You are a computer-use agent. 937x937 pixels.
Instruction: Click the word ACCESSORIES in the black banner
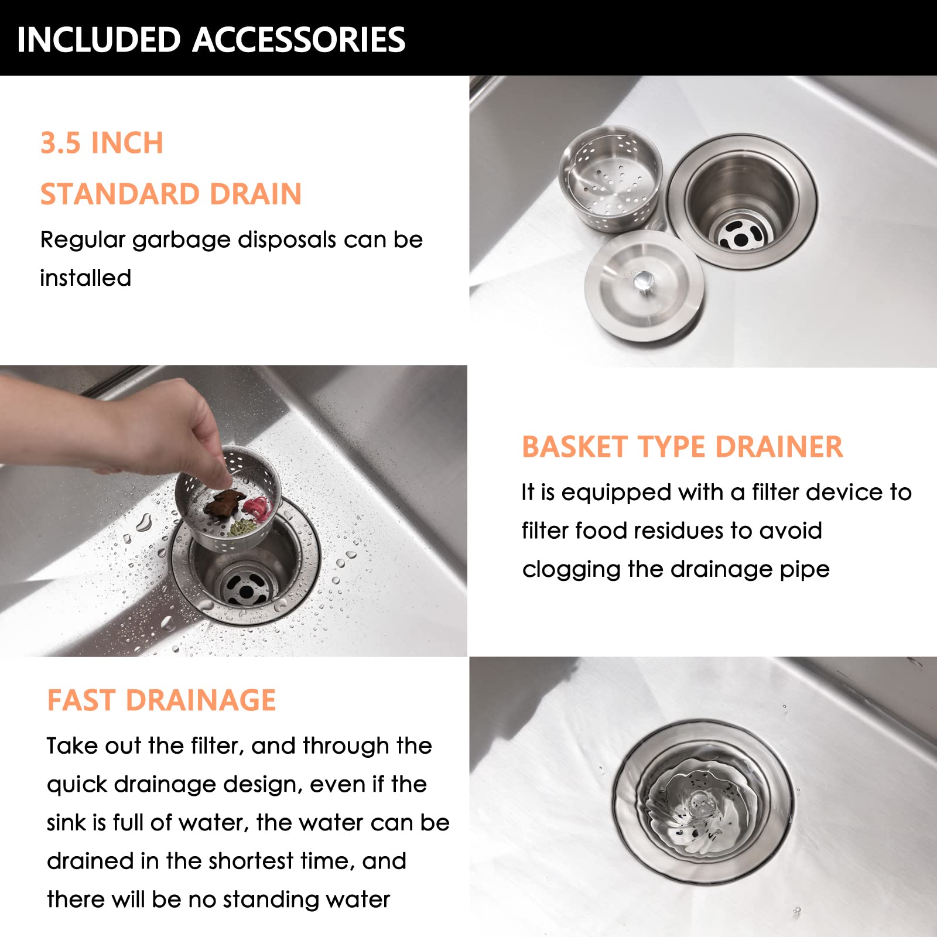pos(299,40)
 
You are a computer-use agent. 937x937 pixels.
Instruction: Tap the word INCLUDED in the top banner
pos(98,40)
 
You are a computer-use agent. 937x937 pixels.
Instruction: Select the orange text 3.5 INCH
pos(102,143)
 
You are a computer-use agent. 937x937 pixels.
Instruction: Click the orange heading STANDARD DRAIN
pos(171,194)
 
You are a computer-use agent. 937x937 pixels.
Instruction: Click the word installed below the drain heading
pos(86,278)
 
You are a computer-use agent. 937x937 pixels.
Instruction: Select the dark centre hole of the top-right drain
pos(741,239)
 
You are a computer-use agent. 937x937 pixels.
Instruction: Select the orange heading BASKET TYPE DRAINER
pos(682,447)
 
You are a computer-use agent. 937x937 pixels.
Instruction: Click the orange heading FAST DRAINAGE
pos(161,700)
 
